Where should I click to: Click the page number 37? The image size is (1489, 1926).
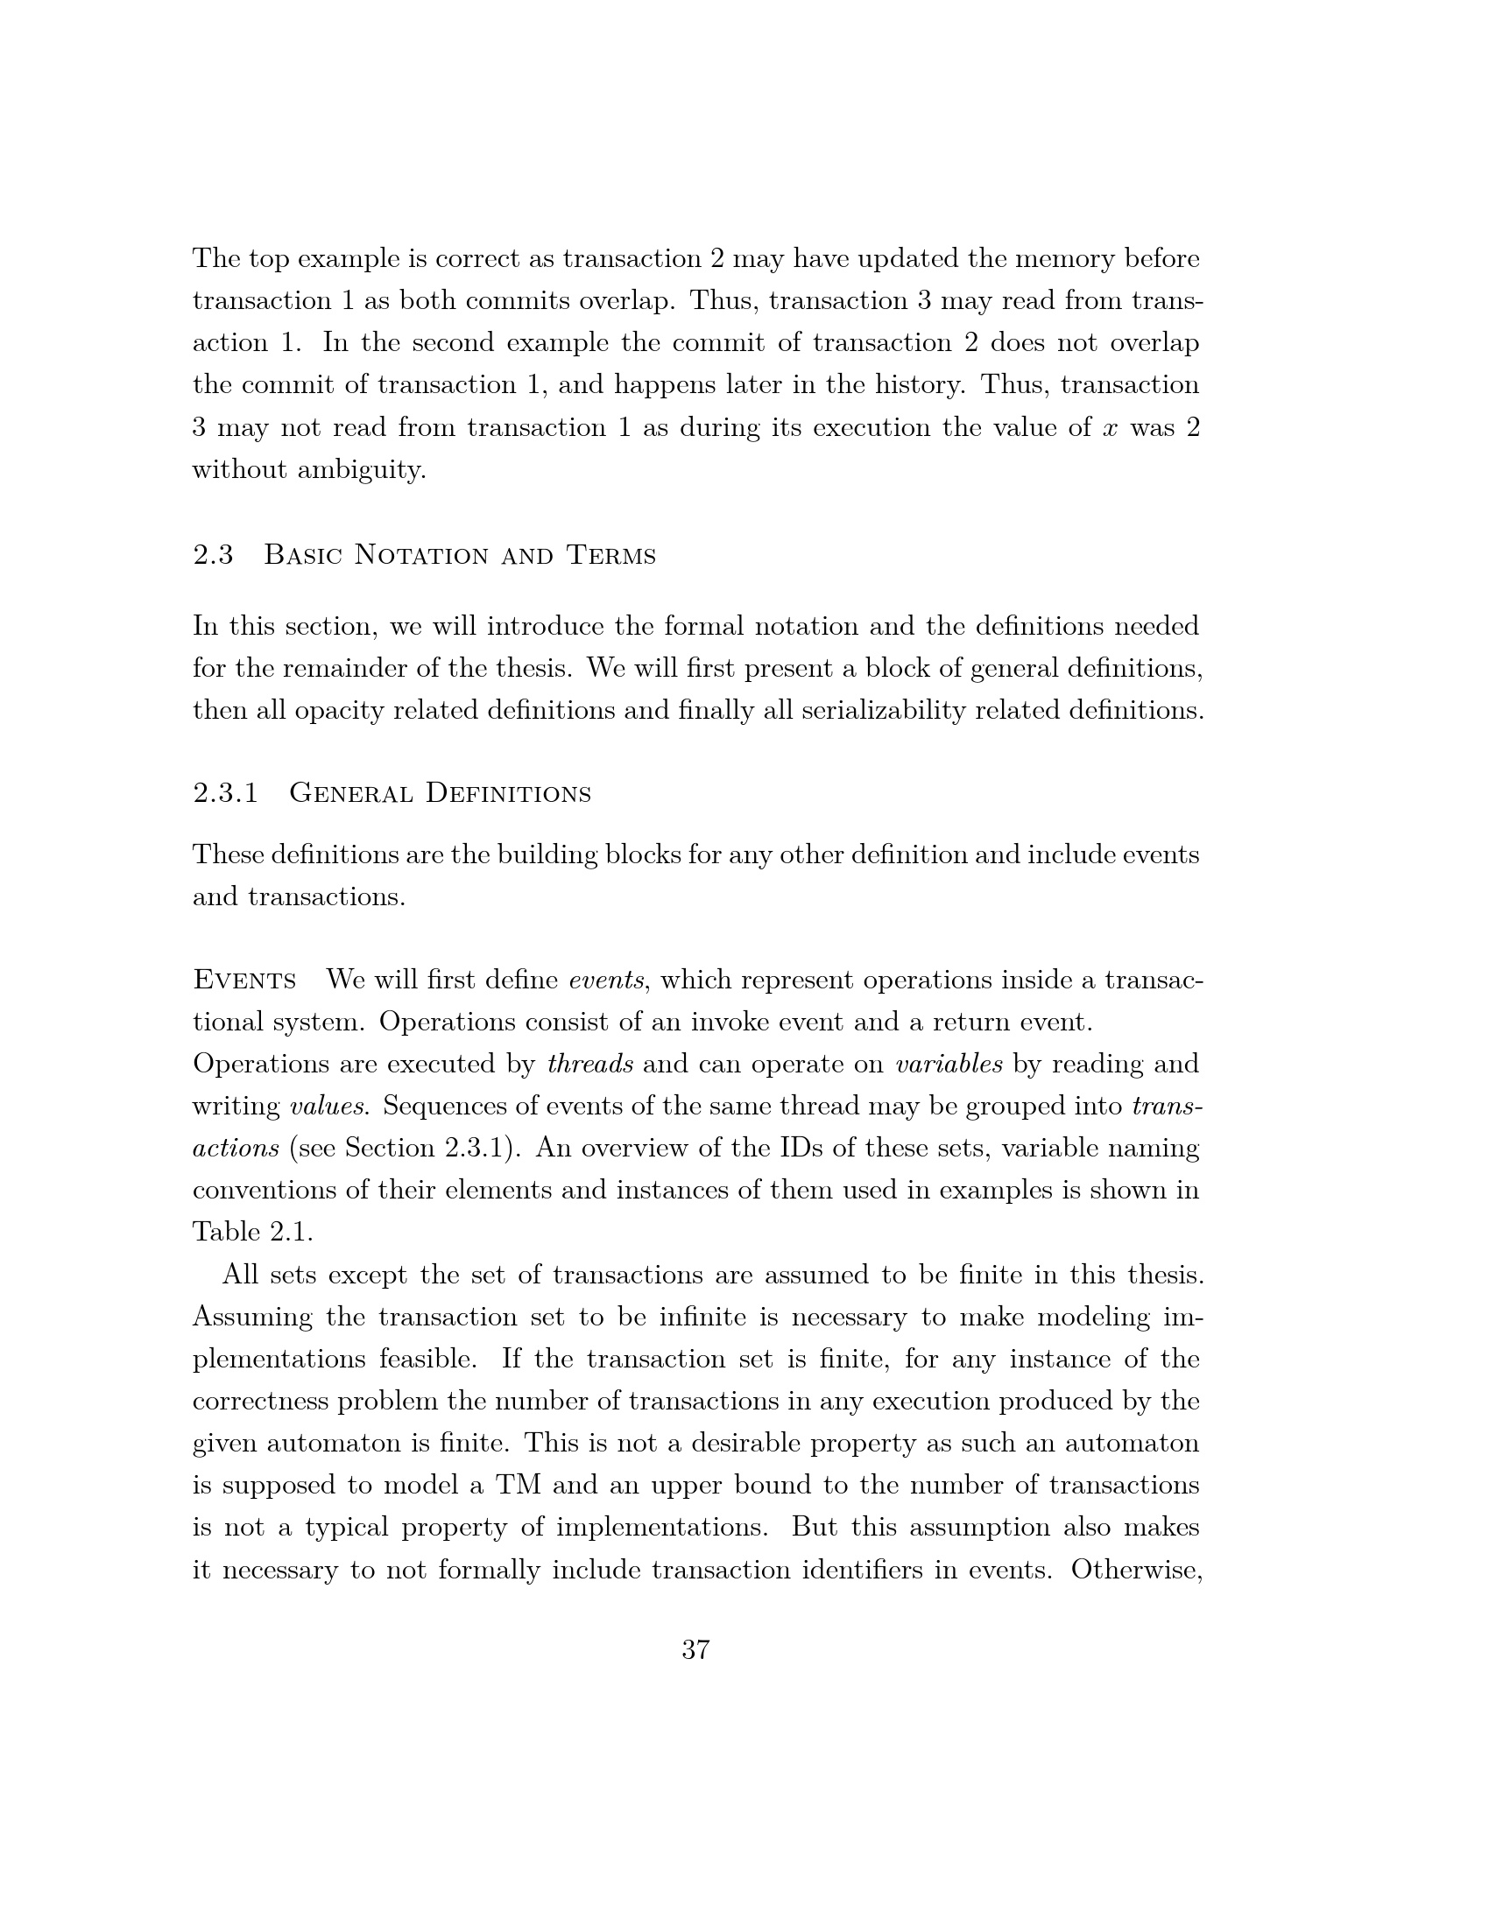[695, 1649]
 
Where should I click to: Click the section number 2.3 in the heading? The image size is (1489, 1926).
[213, 555]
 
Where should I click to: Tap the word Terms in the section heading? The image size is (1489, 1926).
[611, 555]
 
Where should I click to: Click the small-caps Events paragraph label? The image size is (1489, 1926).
[244, 980]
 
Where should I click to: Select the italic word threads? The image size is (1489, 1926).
[589, 1064]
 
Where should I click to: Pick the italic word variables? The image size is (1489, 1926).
[949, 1064]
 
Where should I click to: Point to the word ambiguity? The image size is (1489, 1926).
[362, 470]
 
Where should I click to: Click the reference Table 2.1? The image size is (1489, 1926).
[252, 1232]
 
